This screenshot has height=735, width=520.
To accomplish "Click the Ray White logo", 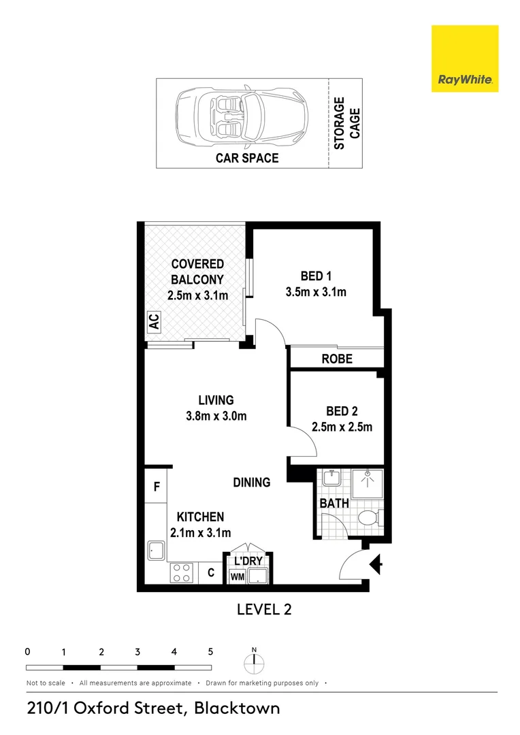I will point(465,59).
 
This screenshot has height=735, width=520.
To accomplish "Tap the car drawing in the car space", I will point(242,118).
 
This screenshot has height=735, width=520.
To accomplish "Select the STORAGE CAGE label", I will point(347,122).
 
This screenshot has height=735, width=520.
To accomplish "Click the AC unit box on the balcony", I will point(153,321).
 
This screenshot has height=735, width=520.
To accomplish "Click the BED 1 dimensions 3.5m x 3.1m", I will point(316,293).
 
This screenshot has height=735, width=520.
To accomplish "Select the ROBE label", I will point(337,358).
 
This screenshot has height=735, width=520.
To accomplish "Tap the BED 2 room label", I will point(342,411).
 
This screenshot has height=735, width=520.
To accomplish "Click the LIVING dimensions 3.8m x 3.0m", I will point(216,416).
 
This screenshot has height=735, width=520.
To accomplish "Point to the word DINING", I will point(252,482).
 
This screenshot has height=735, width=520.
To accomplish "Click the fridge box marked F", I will point(156,487).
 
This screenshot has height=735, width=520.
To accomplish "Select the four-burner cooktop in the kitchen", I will point(182,572).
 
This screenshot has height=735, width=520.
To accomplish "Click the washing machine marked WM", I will point(237,576).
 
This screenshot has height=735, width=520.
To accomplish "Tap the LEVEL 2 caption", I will point(264,609).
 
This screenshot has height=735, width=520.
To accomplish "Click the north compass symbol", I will point(254,661).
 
